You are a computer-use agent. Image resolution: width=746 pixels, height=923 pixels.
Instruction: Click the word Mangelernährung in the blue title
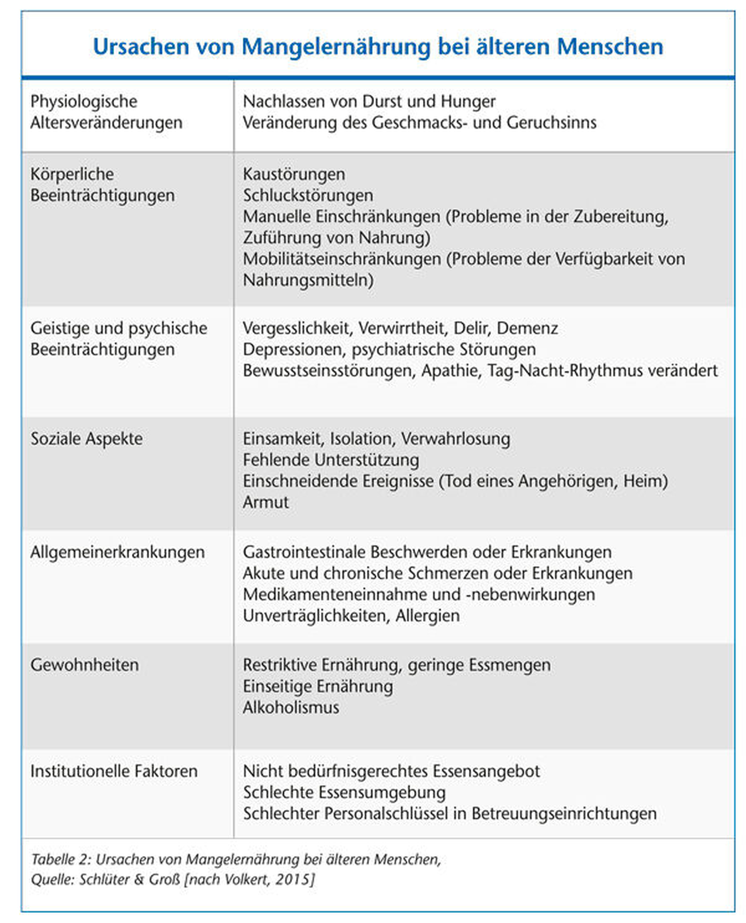tap(336, 47)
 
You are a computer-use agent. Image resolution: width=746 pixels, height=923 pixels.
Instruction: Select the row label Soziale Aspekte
tap(86, 439)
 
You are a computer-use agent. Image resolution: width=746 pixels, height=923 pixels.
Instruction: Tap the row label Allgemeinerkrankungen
tap(117, 552)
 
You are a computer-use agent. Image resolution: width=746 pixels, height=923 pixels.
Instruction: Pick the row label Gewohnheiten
tap(85, 665)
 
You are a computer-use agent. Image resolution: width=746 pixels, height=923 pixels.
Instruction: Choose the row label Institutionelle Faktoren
tap(114, 771)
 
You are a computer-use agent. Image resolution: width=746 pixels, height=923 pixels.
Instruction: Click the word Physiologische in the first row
tap(84, 102)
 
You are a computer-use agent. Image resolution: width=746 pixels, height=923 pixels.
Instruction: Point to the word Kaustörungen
tap(294, 174)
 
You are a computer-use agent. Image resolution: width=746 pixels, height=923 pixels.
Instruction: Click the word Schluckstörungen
tap(308, 196)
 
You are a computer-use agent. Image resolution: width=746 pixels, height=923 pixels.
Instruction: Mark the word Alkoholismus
tap(291, 708)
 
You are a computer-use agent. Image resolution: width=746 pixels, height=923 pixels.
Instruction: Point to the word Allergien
tap(428, 615)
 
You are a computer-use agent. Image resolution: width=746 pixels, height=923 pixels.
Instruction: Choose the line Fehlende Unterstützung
tap(331, 460)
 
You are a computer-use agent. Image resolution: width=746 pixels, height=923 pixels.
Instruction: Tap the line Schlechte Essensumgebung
tap(344, 792)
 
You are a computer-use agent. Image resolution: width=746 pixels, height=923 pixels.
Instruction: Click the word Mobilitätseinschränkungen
tap(342, 259)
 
